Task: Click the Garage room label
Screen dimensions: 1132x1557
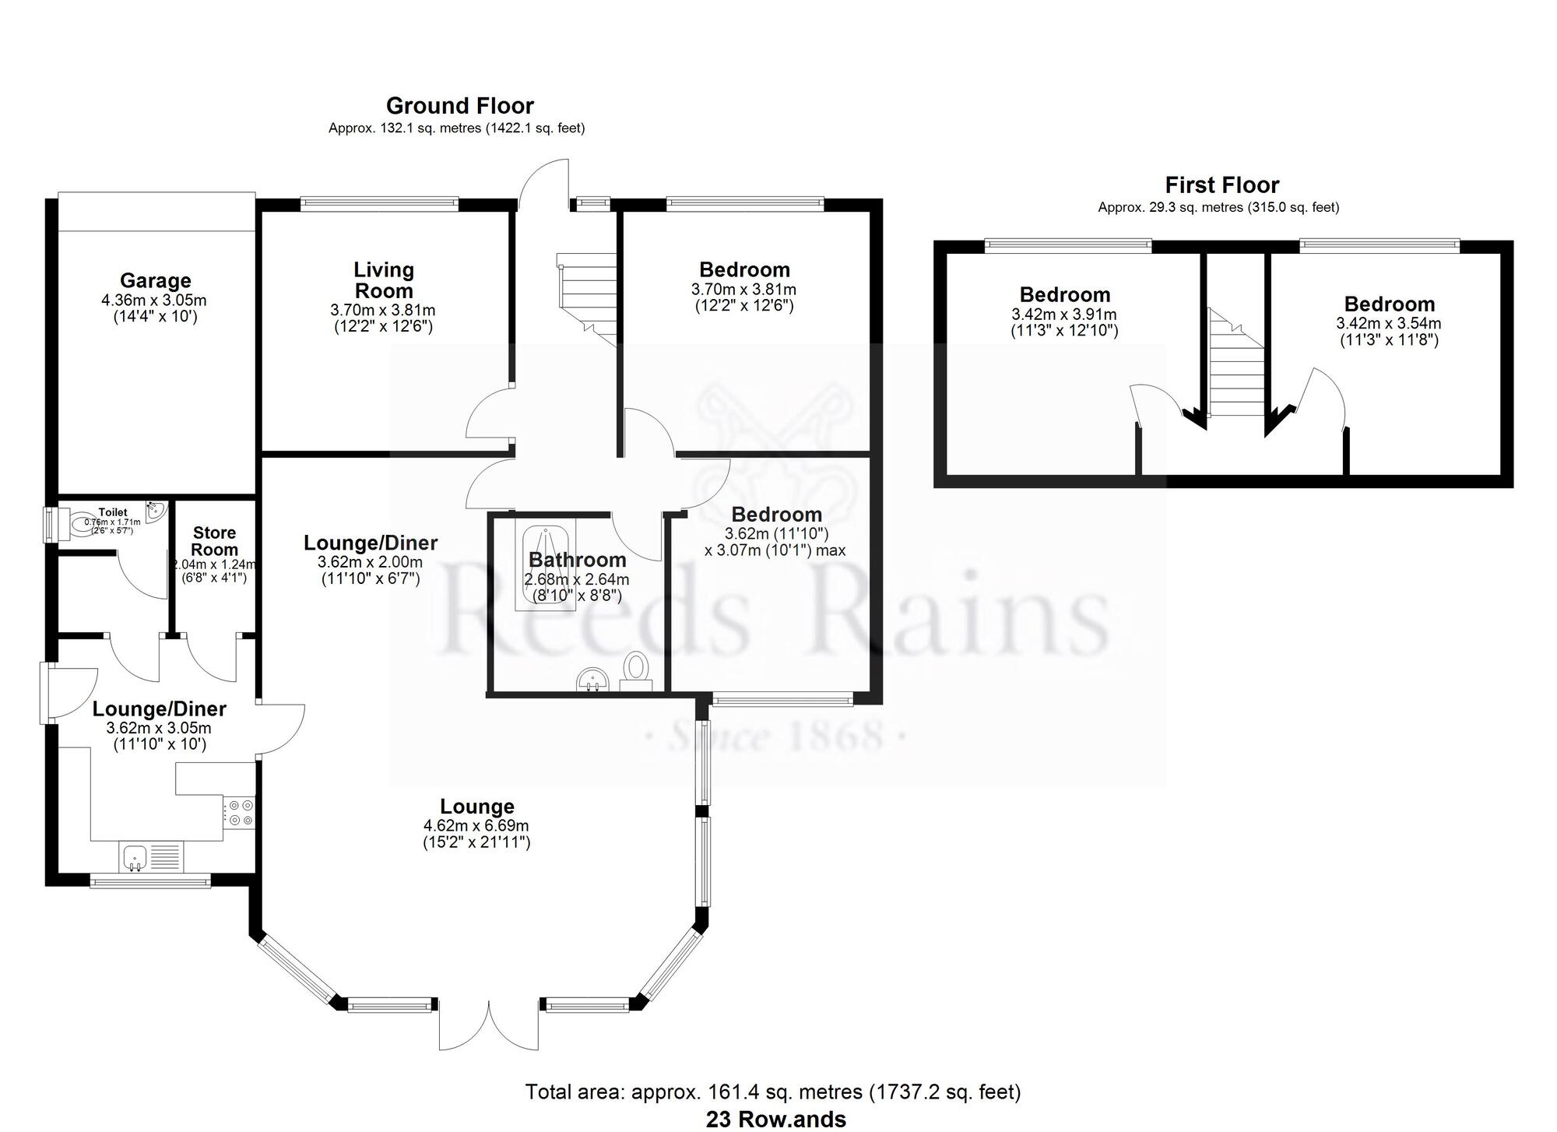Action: [155, 280]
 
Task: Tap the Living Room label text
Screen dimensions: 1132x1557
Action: [383, 280]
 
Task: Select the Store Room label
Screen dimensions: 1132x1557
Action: [214, 541]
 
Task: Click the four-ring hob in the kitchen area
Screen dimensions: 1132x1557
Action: [239, 812]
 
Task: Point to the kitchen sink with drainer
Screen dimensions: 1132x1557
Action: [152, 856]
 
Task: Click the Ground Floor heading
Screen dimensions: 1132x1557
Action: [459, 106]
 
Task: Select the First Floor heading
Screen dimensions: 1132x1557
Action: [1221, 185]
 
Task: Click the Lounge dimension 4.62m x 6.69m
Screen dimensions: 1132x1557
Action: [476, 825]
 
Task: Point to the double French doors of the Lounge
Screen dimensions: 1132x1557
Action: [489, 1024]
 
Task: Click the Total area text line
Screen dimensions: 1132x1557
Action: [772, 1092]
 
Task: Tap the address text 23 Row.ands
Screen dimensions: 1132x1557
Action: [775, 1120]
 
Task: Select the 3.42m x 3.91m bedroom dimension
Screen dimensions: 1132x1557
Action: [1063, 315]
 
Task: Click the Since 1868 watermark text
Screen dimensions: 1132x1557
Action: [776, 736]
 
